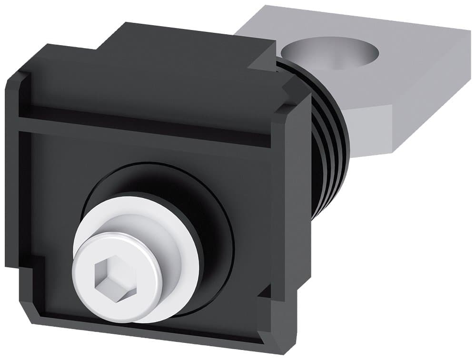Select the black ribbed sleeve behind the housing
[328, 157]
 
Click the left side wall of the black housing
[12, 190]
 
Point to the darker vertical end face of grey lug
[371, 128]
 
